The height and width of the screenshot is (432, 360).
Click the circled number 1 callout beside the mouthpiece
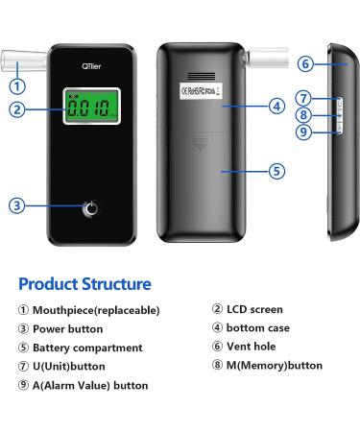(x=17, y=85)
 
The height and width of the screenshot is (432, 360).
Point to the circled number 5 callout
(x=276, y=171)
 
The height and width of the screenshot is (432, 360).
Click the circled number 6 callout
(x=304, y=64)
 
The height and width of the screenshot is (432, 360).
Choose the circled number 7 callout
(x=303, y=98)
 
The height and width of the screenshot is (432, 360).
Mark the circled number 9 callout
(x=303, y=132)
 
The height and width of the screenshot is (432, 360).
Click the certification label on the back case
(x=200, y=91)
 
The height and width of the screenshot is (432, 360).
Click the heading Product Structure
(x=84, y=284)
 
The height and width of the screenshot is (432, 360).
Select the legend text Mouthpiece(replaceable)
(x=96, y=310)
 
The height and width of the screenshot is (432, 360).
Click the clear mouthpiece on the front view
(x=21, y=61)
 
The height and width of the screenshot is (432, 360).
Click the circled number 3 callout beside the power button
(x=17, y=206)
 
